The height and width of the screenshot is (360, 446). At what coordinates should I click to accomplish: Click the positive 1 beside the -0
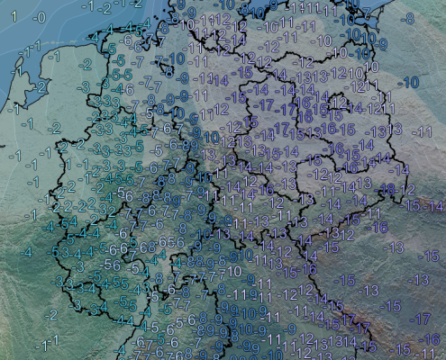click(x=14, y=16)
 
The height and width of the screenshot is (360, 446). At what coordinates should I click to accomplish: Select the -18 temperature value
click(x=388, y=188)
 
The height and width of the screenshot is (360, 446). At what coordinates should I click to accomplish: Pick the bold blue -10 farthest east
click(x=410, y=82)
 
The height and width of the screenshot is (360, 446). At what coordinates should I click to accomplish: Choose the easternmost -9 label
click(x=382, y=43)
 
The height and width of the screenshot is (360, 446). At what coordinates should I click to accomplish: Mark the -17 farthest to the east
click(x=419, y=319)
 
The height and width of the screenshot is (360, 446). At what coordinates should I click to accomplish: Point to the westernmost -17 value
click(x=263, y=105)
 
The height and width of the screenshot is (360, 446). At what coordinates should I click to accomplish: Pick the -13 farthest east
click(x=417, y=280)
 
